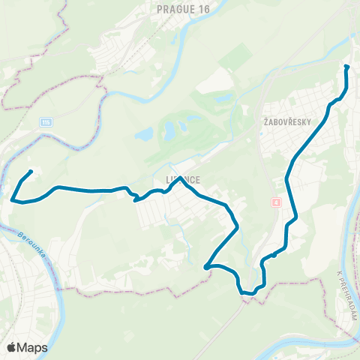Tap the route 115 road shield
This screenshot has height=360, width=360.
click(x=47, y=122)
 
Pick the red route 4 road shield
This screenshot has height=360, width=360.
click(x=276, y=203)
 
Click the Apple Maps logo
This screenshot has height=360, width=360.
click(x=27, y=347)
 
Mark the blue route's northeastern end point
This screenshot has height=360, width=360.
click(x=346, y=67)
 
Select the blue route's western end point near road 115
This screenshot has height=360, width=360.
click(x=31, y=172)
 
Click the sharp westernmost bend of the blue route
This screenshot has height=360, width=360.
click(x=13, y=199)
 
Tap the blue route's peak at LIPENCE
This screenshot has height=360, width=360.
click(x=180, y=178)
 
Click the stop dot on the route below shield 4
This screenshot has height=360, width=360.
click(x=274, y=255)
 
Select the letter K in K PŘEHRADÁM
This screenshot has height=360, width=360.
click(x=340, y=273)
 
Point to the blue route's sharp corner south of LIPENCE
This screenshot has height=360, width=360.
click(x=206, y=265)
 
